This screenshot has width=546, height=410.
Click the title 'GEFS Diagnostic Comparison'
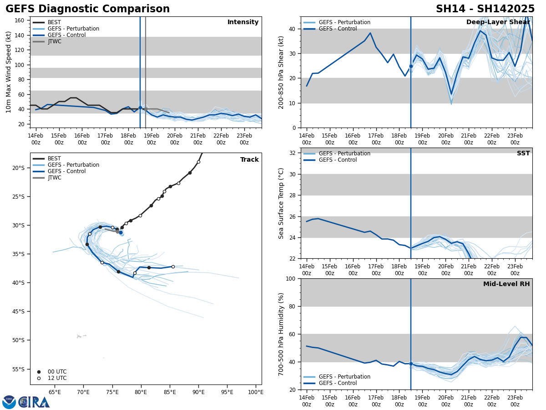pos(87,9)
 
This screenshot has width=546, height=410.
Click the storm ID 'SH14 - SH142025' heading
pos(485,9)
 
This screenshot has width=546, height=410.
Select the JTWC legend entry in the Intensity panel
pos(54,41)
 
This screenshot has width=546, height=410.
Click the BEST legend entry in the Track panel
pos(54,159)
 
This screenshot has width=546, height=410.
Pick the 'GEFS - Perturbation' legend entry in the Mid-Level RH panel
pos(344,377)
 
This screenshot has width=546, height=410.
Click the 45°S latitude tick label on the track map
pos(18,312)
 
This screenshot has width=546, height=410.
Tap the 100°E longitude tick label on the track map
pos(256,392)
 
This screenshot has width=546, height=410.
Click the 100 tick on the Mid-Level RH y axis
pos(290,279)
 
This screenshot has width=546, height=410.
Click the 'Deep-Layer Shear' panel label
pos(498,22)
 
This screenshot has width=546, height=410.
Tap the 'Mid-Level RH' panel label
pos(506,284)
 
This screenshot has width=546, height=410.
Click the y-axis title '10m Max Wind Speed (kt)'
pos(9,72)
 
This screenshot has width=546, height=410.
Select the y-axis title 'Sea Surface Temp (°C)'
pos(281,203)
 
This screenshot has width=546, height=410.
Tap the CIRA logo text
pos(34,402)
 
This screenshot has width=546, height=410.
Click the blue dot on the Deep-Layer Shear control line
pos(411,66)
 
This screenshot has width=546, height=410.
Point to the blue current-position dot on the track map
pos(121,232)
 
